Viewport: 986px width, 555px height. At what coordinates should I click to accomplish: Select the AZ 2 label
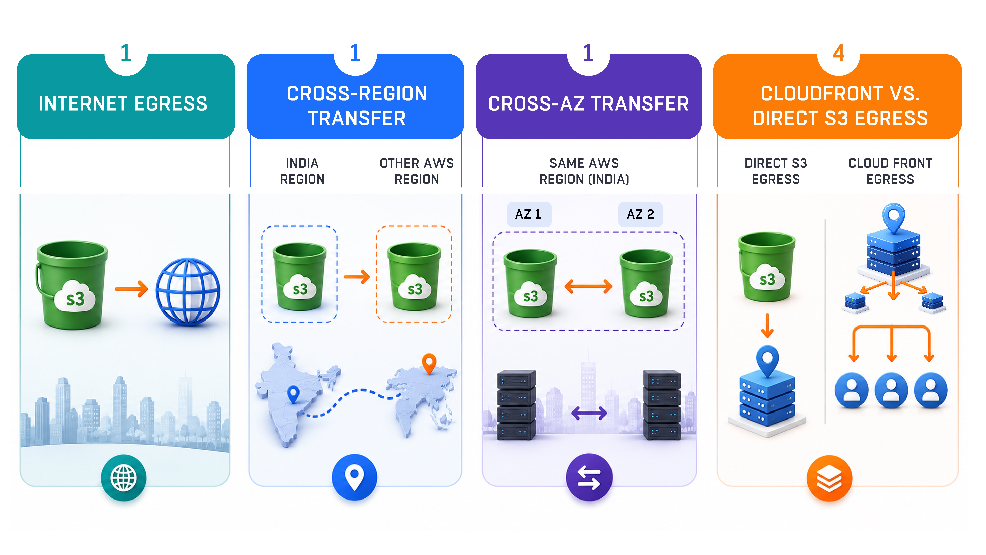[x=640, y=214]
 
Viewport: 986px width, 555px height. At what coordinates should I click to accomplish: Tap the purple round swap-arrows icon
[x=589, y=478]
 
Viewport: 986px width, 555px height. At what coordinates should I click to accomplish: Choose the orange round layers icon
[x=829, y=478]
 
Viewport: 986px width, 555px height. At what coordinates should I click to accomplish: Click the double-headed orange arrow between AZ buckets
[x=588, y=287]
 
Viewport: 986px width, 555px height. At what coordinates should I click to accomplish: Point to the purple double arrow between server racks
[x=589, y=413]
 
